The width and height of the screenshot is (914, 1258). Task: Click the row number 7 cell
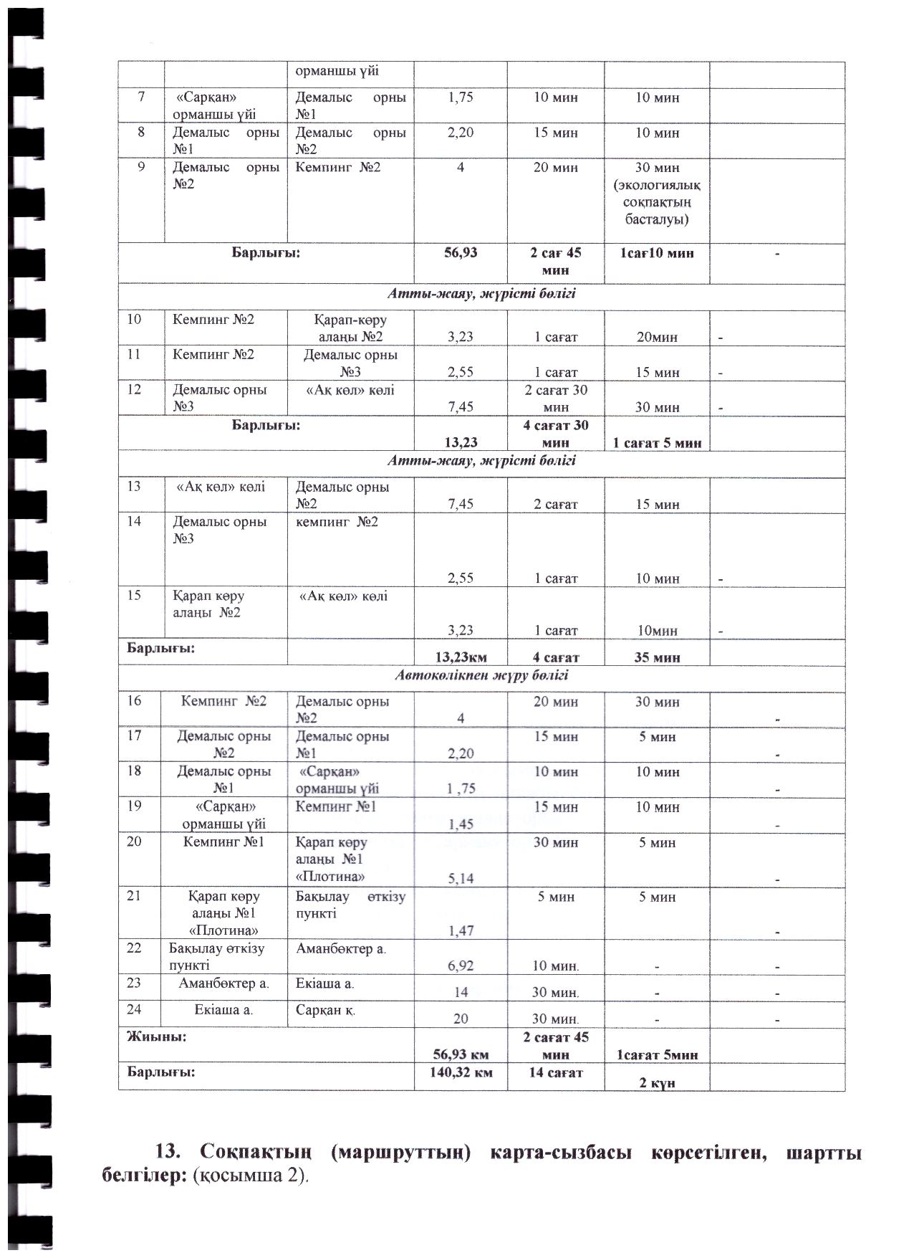[141, 97]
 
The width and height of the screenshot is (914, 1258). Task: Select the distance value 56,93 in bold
[461, 253]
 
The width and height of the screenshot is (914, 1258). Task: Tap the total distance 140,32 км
[461, 1072]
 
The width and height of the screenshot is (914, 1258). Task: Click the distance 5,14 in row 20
[461, 877]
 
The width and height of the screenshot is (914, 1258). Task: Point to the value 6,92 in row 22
[461, 966]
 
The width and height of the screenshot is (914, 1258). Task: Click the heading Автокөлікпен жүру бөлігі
[481, 675]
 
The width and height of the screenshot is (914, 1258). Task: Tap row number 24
[134, 1009]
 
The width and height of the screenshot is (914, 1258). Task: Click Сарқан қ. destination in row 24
[326, 1009]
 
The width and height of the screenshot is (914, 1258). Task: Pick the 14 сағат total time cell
[555, 1072]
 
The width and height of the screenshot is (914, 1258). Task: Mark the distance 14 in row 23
[461, 993]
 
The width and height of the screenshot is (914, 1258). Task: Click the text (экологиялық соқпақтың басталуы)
[657, 202]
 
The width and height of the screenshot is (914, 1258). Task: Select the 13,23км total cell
[461, 657]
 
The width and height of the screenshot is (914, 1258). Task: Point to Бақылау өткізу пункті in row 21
[350, 905]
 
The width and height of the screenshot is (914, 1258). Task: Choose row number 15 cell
[134, 595]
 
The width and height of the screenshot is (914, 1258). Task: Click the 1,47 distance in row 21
[461, 930]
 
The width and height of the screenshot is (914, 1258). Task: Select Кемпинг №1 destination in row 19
[336, 806]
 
